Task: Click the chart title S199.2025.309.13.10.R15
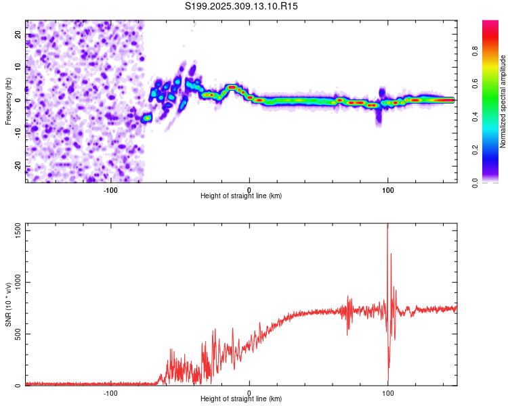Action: click(x=242, y=6)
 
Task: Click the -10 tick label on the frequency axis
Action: click(x=19, y=133)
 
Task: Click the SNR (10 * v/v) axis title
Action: click(x=8, y=308)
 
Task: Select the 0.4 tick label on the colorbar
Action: click(x=475, y=116)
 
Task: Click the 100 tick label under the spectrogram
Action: click(x=388, y=190)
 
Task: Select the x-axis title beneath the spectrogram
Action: click(x=241, y=196)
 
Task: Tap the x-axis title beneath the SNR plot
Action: click(x=241, y=399)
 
